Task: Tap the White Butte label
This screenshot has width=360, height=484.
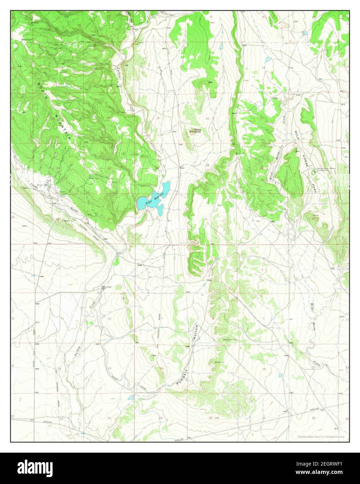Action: point(197,131)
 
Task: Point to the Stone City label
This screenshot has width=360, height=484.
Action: point(43,185)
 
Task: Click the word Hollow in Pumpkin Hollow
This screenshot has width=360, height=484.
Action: point(196,333)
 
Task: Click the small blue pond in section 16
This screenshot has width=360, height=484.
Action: point(280,375)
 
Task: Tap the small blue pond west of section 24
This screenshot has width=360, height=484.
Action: point(130,397)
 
